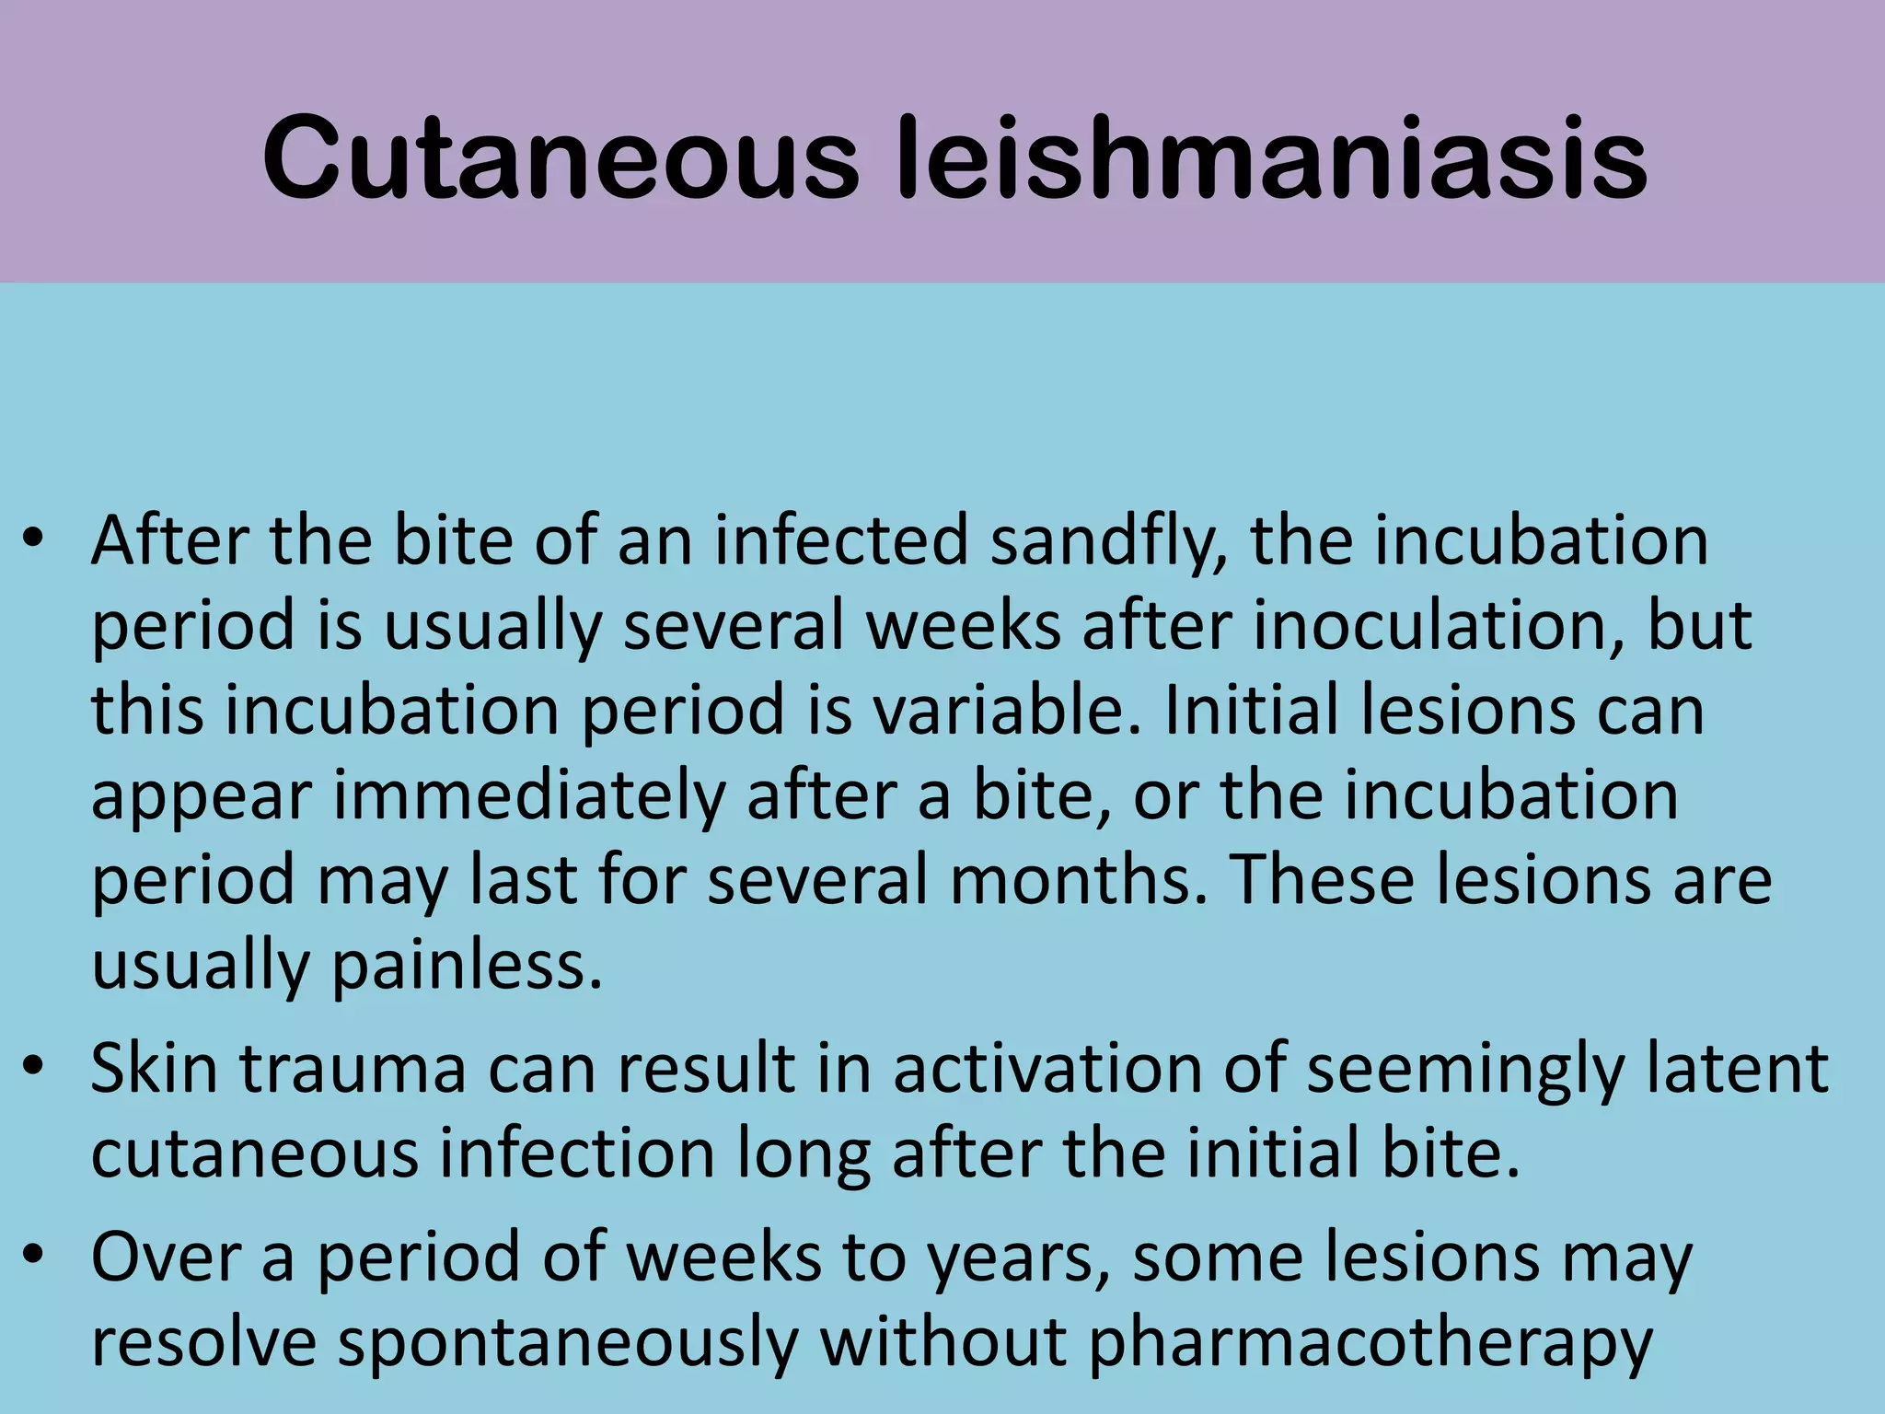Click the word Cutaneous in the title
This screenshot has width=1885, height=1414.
[x=561, y=158]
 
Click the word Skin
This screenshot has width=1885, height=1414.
[x=154, y=1070]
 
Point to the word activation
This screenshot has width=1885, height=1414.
[x=1047, y=1070]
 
